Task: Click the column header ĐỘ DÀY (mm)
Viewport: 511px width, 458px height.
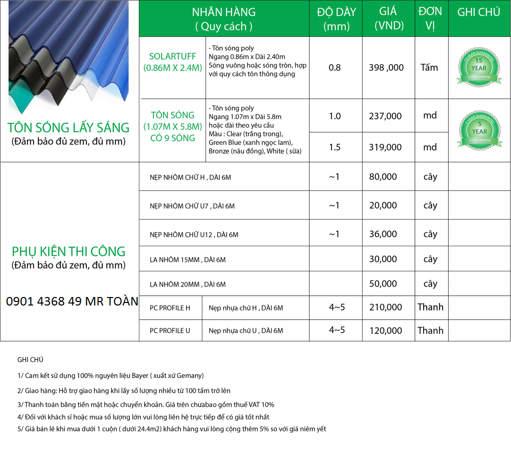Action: tap(337, 19)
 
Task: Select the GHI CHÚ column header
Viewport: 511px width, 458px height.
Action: tap(479, 12)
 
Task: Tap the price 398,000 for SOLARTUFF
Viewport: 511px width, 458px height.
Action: tap(386, 67)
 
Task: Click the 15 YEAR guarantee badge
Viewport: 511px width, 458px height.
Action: tap(479, 68)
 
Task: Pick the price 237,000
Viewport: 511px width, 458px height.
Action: tap(385, 116)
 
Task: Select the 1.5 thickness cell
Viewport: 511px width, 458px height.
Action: tap(335, 147)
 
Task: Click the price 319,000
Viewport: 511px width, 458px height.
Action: tap(385, 147)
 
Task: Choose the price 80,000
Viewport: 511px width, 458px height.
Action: tap(383, 176)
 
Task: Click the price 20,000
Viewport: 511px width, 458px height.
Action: tap(383, 205)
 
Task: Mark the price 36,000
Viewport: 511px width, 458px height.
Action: tap(383, 234)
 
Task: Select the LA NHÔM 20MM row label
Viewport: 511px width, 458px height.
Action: tap(188, 284)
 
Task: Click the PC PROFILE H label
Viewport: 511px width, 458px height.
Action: tap(170, 308)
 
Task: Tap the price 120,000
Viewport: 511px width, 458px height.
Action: tap(385, 330)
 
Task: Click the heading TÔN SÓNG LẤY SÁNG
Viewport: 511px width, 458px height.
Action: tap(69, 127)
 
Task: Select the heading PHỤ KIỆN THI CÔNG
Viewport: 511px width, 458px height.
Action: tap(69, 251)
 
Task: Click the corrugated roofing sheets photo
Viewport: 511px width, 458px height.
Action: tap(69, 57)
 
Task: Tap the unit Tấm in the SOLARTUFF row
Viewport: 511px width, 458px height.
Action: tap(429, 67)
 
